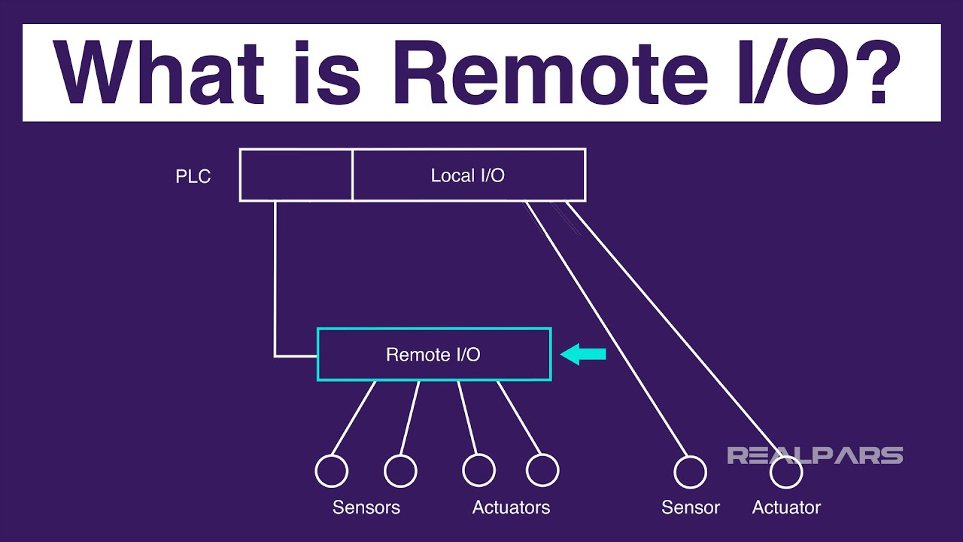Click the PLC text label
193,177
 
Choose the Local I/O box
468,175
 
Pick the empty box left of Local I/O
296,175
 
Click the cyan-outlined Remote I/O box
433,354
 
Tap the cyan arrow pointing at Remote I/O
584,354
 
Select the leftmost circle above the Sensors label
331,471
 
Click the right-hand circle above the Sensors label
400,471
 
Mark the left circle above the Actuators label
478,471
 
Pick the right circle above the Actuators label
542,471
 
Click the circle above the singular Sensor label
690,472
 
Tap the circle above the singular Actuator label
786,472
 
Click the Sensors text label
366,507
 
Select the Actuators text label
511,507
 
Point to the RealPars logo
814,455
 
